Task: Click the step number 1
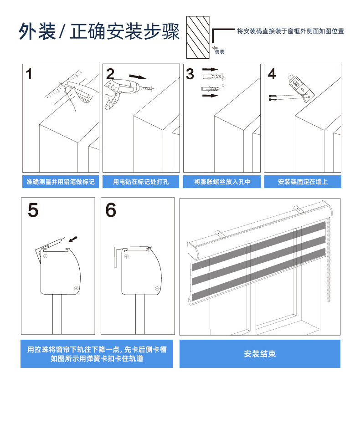click(29, 74)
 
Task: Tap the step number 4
click(272, 74)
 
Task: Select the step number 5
click(33, 210)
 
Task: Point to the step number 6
click(111, 210)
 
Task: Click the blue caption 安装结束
click(260, 354)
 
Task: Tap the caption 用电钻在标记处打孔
click(141, 182)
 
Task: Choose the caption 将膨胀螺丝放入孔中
click(222, 182)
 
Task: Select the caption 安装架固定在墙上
click(303, 182)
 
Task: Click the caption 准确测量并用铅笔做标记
click(61, 182)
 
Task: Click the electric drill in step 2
click(127, 89)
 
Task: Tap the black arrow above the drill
click(138, 77)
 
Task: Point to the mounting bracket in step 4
click(302, 88)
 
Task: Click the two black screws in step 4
click(273, 97)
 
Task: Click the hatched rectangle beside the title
click(198, 37)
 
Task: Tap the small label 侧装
click(220, 52)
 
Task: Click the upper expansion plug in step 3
click(212, 76)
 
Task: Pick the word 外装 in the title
click(37, 31)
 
